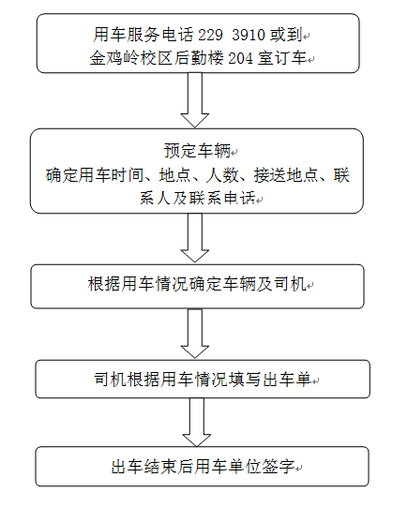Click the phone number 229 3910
tap(232, 35)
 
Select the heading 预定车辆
tap(197, 151)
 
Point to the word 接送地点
tap(285, 175)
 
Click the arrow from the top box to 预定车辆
tap(195, 99)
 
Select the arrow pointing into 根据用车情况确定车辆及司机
tap(195, 238)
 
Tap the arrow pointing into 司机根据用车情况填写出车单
tap(195, 334)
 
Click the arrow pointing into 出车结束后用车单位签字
tap(197, 423)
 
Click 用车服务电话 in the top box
tap(144, 35)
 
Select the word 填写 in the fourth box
tap(245, 379)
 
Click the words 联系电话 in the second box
tap(222, 198)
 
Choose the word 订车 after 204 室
tap(291, 58)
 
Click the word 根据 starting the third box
tap(104, 284)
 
